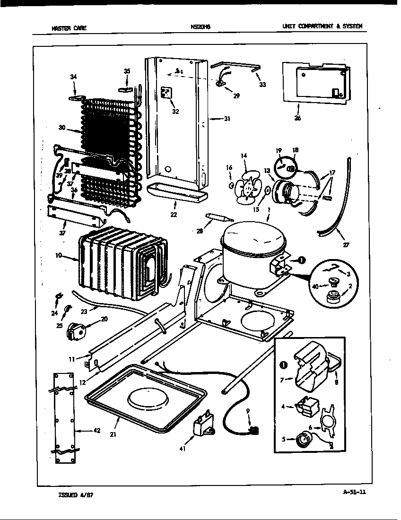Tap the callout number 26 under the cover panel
297,118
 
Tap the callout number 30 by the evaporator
61,128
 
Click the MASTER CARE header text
69,28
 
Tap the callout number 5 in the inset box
284,439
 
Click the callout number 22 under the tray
174,214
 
